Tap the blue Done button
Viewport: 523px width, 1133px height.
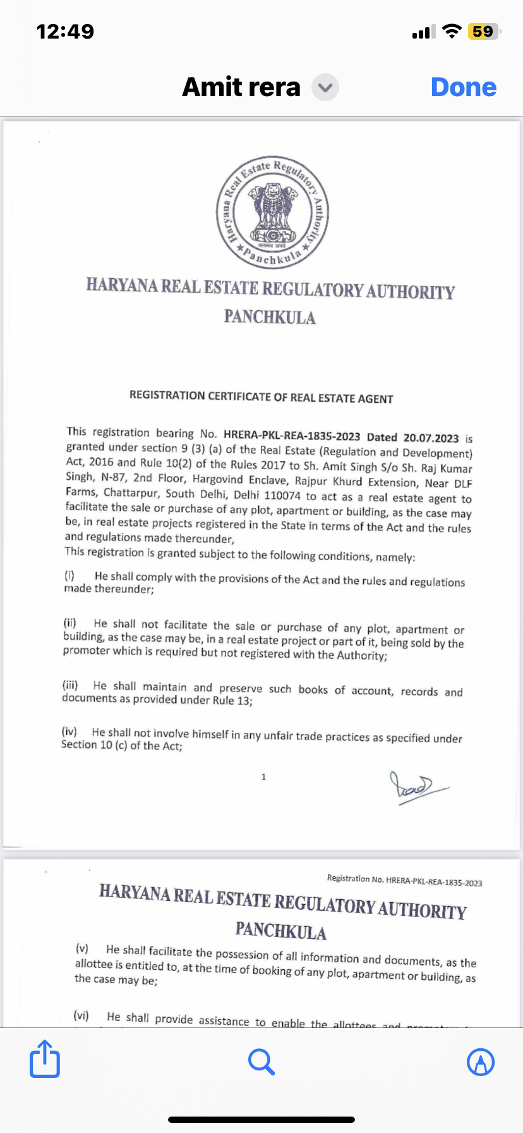point(464,87)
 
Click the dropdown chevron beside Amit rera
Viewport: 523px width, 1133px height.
point(325,87)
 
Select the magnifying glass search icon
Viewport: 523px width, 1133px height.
point(261,1062)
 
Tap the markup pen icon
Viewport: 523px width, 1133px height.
point(480,1062)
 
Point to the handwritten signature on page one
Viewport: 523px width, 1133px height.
point(414,787)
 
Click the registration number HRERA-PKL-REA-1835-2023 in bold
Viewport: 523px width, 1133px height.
point(291,436)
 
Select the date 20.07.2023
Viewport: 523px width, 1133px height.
point(431,438)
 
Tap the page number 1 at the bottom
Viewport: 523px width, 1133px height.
point(263,777)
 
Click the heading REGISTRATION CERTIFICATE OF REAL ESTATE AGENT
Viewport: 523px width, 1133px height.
point(261,397)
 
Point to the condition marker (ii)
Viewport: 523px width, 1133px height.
point(69,623)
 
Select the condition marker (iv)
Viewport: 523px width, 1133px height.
point(69,732)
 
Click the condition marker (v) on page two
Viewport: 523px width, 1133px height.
point(82,948)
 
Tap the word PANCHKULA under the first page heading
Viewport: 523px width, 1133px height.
point(270,317)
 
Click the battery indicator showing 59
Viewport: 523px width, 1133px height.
point(483,32)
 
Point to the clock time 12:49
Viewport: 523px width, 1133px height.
point(65,32)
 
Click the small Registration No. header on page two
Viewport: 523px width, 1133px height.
point(404,881)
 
